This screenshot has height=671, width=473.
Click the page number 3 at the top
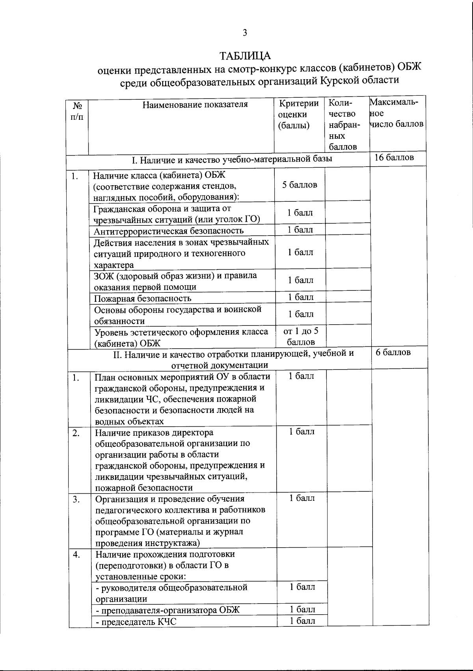pyautogui.click(x=244, y=33)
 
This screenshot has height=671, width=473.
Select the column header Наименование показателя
pyautogui.click(x=195, y=104)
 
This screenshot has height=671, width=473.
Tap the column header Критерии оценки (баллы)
pyautogui.click(x=298, y=114)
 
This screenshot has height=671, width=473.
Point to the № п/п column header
pyautogui.click(x=78, y=112)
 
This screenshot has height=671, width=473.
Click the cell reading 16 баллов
pyautogui.click(x=394, y=158)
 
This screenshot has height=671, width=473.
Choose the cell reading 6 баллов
pyautogui.click(x=393, y=352)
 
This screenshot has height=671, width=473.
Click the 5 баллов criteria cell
pyautogui.click(x=300, y=185)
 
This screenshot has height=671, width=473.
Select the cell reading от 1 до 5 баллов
pyautogui.click(x=301, y=336)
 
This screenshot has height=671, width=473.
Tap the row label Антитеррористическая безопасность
pyautogui.click(x=168, y=230)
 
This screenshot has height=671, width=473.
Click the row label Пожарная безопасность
pyautogui.click(x=142, y=298)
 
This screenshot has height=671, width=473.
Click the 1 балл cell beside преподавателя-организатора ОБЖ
pyautogui.click(x=302, y=609)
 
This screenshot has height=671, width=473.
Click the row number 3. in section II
pyautogui.click(x=76, y=499)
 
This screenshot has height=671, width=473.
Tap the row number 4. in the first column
pyautogui.click(x=76, y=554)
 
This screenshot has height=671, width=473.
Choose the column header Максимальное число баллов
pyautogui.click(x=396, y=113)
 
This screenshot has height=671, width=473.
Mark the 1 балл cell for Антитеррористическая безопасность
pyautogui.click(x=300, y=230)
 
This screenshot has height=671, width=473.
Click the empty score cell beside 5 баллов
pyautogui.click(x=347, y=185)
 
